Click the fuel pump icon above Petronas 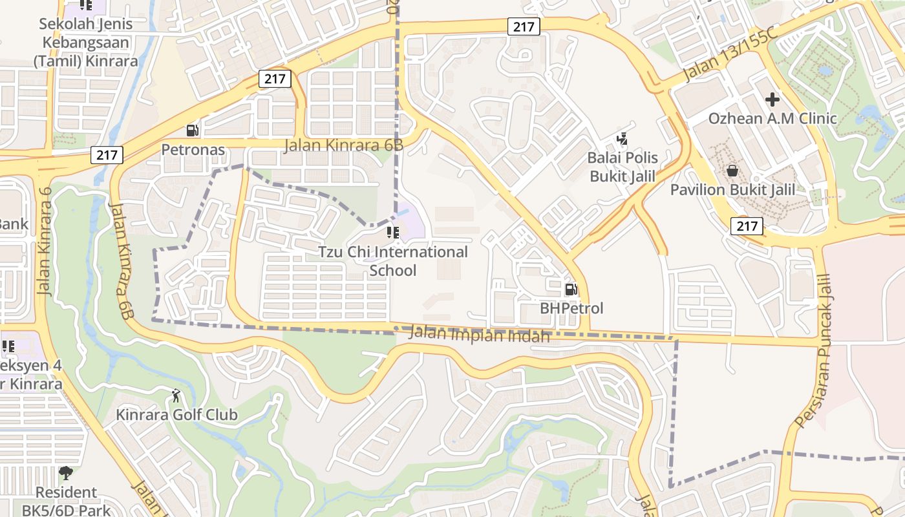coord(193,130)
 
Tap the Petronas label coord(193,150)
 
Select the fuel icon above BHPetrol coord(571,289)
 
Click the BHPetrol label coord(571,308)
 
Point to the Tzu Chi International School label coord(393,260)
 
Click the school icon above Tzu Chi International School coord(393,232)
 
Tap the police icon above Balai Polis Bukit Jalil coord(622,138)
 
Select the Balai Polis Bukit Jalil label coord(622,167)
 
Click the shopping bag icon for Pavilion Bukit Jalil coord(732,171)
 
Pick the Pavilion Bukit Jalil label coord(732,190)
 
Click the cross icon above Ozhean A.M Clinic coord(772,100)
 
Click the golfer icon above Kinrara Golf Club coord(176,395)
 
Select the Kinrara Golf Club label coord(176,414)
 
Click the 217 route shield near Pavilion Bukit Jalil coord(747,226)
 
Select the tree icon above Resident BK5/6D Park coord(66,473)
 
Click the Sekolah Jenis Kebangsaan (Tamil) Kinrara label coord(85,43)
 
